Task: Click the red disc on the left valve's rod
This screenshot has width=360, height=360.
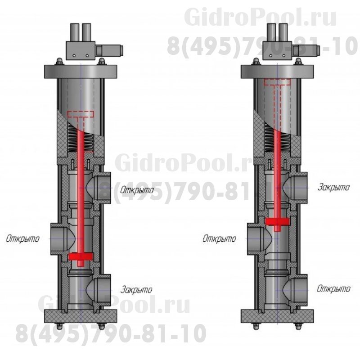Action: click(81, 256)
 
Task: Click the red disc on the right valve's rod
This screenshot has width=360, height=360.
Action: click(277, 221)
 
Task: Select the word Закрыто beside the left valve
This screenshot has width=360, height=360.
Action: click(136, 289)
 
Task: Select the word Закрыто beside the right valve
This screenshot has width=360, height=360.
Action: click(333, 187)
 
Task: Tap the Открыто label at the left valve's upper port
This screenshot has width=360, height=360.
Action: click(137, 190)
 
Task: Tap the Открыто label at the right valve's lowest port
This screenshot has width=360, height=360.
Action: click(333, 288)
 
